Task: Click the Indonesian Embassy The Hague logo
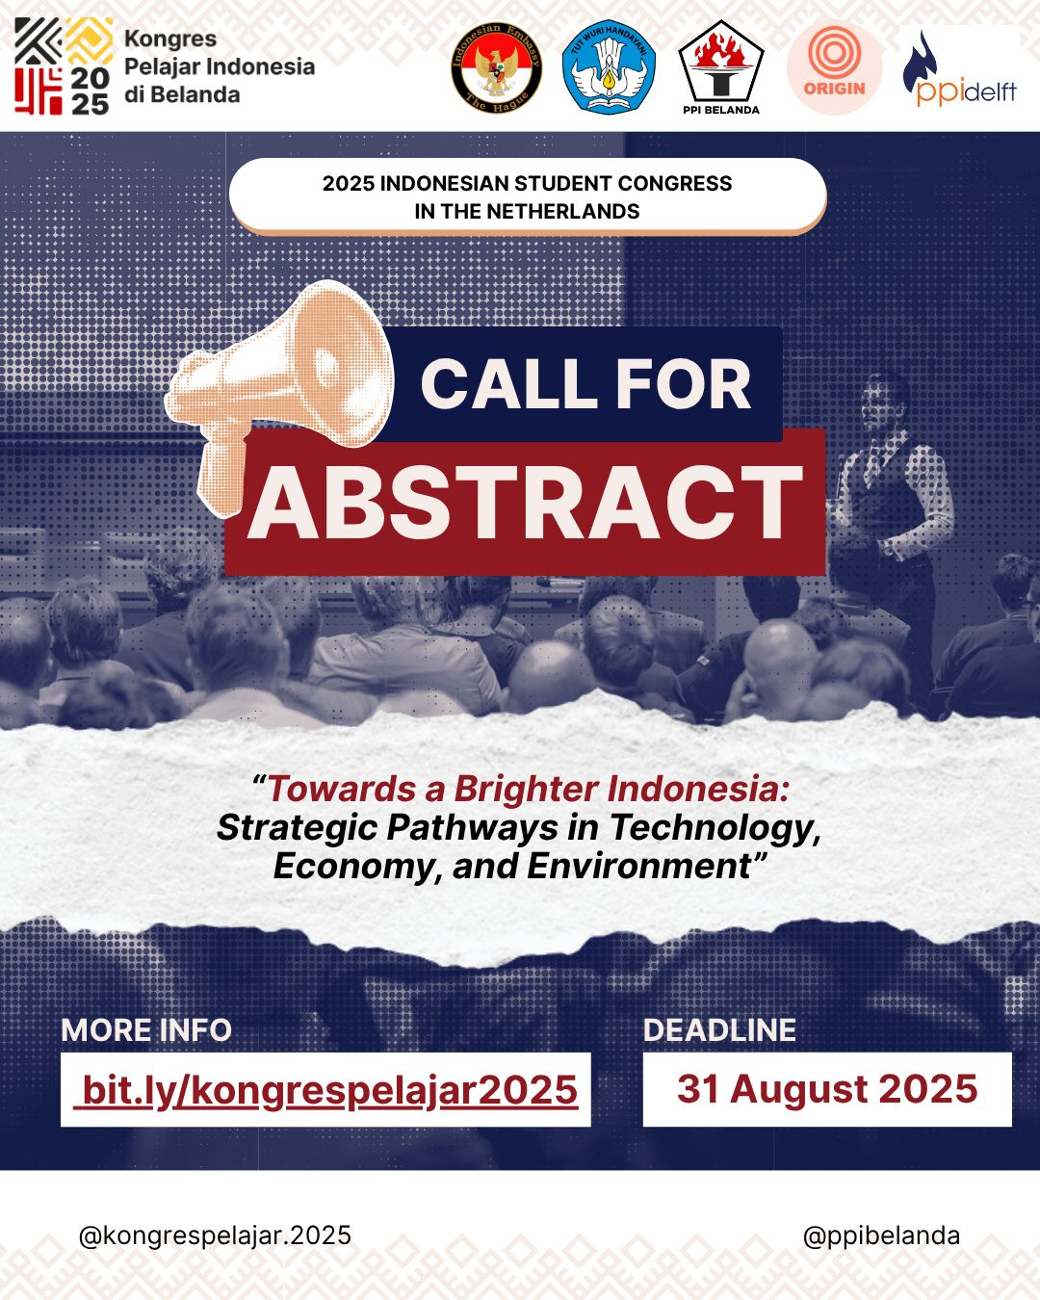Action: click(496, 67)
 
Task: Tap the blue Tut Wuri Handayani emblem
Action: click(609, 67)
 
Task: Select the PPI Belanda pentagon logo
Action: click(721, 67)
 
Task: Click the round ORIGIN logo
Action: click(834, 67)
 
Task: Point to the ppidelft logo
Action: click(960, 69)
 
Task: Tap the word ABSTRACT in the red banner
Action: click(525, 502)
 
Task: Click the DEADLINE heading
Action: click(719, 1030)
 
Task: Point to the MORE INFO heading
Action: click(146, 1030)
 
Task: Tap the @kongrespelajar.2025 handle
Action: click(215, 1236)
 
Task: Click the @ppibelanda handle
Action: click(882, 1236)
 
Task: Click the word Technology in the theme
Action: click(715, 828)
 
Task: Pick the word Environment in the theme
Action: click(638, 867)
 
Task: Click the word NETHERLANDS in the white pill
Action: click(563, 211)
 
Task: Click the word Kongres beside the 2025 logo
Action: click(170, 39)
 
